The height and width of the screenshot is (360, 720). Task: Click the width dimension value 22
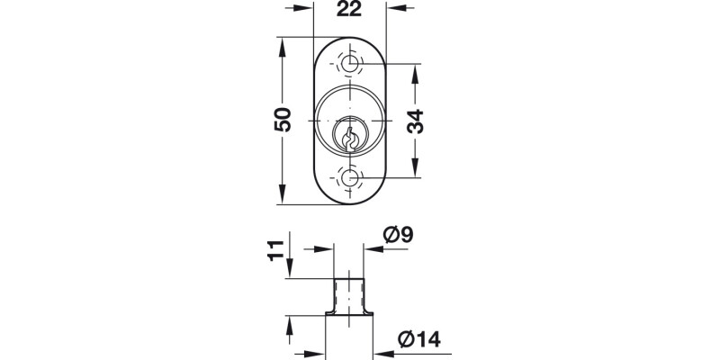coord(351,10)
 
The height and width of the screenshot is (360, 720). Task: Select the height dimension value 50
coord(283,120)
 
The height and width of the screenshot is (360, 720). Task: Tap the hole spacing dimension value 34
coord(415,120)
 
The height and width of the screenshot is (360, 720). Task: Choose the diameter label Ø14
coord(417,339)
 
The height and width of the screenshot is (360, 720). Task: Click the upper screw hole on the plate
coord(350,64)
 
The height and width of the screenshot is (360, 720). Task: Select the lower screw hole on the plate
coord(350,177)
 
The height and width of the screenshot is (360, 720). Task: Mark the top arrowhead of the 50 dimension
coord(283,45)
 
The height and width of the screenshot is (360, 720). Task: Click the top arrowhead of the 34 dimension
coord(415,72)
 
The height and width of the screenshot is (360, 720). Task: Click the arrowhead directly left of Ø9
coord(371,250)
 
